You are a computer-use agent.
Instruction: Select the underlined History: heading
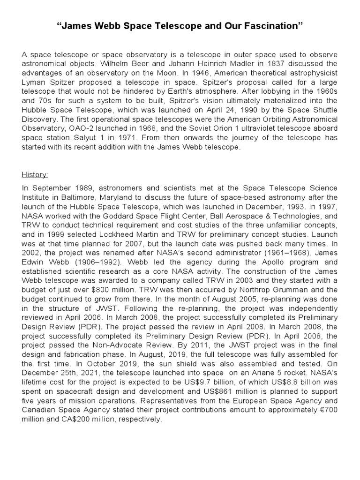point(35,175)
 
